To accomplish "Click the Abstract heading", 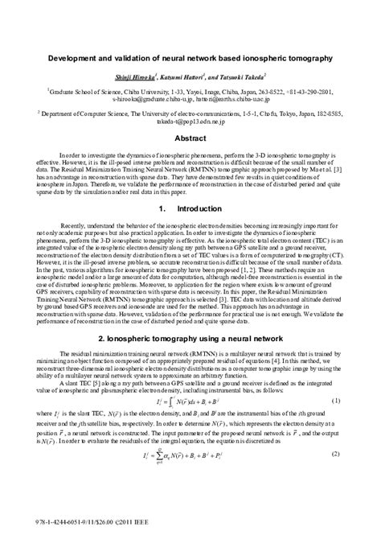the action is pyautogui.click(x=190, y=138).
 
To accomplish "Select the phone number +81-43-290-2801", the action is pyautogui.click(x=308, y=93).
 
